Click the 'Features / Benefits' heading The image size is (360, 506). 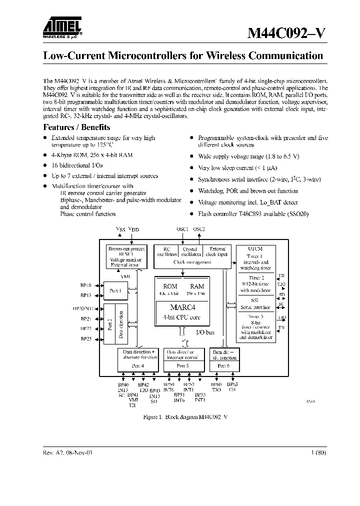[76, 127]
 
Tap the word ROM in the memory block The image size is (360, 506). [170, 286]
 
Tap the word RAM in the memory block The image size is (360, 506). [197, 286]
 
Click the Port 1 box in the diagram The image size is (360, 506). [116, 290]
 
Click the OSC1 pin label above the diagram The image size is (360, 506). [182, 229]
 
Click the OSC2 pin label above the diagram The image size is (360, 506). [199, 229]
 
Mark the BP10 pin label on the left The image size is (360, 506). [85, 285]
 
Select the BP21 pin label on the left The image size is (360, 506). [85, 318]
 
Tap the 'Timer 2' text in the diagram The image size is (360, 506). [256, 277]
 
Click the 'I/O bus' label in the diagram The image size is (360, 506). [205, 331]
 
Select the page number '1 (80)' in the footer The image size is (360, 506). [318, 452]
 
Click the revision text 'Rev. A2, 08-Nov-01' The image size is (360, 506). [68, 452]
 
